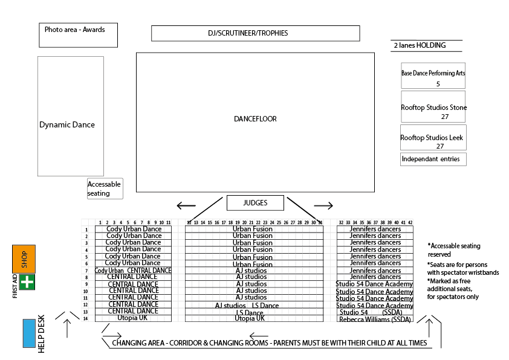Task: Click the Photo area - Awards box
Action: (x=78, y=35)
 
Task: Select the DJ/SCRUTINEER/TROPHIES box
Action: (x=255, y=33)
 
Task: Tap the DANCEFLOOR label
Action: (x=255, y=119)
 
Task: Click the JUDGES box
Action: (x=255, y=203)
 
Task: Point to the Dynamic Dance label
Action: (x=67, y=125)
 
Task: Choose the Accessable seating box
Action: (x=105, y=188)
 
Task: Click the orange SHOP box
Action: (x=24, y=259)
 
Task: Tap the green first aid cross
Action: (x=27, y=282)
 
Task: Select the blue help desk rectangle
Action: (x=28, y=333)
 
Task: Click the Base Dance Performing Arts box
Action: (x=433, y=76)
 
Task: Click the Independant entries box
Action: (x=433, y=159)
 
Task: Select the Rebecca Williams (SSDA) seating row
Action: (x=375, y=318)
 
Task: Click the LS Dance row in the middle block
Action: (x=250, y=312)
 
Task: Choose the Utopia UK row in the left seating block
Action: (x=132, y=318)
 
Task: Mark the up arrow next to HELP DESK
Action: (x=67, y=327)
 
